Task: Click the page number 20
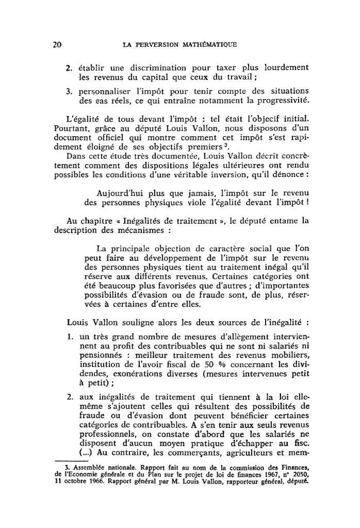(57, 44)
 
